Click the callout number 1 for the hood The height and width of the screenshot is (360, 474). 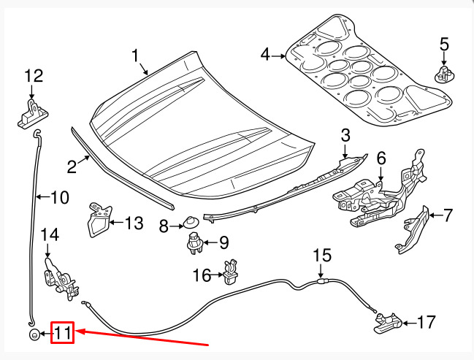click(135, 56)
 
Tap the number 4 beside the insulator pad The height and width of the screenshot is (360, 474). click(265, 55)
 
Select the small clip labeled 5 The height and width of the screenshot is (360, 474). click(444, 74)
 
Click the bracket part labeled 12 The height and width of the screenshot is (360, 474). click(32, 114)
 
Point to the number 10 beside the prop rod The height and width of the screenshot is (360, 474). click(60, 198)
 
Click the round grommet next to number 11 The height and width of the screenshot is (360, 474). click(34, 334)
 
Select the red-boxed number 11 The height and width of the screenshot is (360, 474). click(63, 333)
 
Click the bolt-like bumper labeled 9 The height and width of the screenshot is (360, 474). click(195, 243)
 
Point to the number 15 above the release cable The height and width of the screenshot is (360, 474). click(322, 256)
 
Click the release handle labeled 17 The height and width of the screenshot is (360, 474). click(388, 323)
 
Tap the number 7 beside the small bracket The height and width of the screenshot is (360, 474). click(448, 215)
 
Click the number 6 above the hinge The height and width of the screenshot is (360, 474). click(381, 158)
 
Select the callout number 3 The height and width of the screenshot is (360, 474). click(345, 135)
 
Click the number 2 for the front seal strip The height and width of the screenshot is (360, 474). click(72, 166)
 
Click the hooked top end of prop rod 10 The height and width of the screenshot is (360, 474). click(37, 133)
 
